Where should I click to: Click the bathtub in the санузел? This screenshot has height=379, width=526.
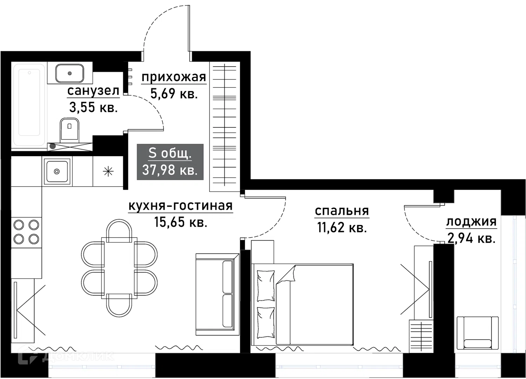coord(29,105)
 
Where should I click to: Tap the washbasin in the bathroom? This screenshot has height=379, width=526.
coord(69,73)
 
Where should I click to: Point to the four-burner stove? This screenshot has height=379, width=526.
coord(26,232)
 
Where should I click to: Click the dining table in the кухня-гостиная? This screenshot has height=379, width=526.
coord(119,268)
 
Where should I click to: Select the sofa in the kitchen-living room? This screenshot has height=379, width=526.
coord(218,294)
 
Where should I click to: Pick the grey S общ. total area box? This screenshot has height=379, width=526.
coord(170,162)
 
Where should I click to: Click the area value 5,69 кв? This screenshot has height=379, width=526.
coord(174,94)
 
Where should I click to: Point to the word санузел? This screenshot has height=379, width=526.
coord(93,91)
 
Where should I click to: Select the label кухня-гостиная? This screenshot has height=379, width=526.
coord(181,206)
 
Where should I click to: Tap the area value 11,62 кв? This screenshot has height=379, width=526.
coord(342,227)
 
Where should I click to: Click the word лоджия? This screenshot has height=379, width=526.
coord(471,222)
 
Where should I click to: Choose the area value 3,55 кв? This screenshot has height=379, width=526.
coord(93,108)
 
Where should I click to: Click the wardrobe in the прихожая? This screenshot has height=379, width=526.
coord(225,127)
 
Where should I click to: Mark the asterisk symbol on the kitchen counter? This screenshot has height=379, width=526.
coord(108,171)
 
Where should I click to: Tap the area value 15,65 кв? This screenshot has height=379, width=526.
coord(181,222)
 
